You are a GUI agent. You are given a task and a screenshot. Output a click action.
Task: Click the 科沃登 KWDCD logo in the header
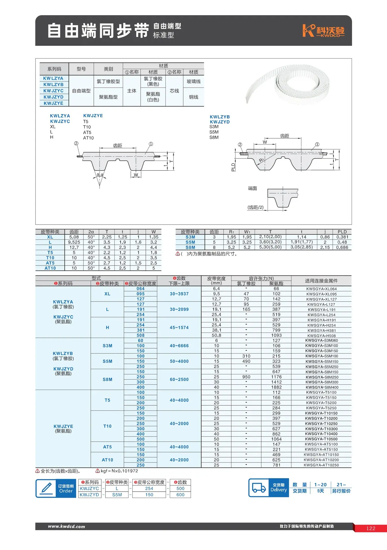(323, 31)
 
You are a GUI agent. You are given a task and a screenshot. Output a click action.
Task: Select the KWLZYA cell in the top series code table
(53, 78)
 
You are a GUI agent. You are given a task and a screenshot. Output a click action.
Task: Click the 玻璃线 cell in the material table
(194, 81)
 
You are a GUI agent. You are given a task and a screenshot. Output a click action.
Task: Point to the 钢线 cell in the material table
(194, 97)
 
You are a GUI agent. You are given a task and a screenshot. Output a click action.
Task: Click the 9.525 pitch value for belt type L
(74, 242)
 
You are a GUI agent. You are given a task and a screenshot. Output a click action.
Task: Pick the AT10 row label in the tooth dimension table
(50, 268)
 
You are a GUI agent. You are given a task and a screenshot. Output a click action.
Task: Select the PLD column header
(342, 232)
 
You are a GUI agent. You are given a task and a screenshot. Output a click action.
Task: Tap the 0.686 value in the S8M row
(342, 247)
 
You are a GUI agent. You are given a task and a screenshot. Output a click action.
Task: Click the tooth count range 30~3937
(179, 294)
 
